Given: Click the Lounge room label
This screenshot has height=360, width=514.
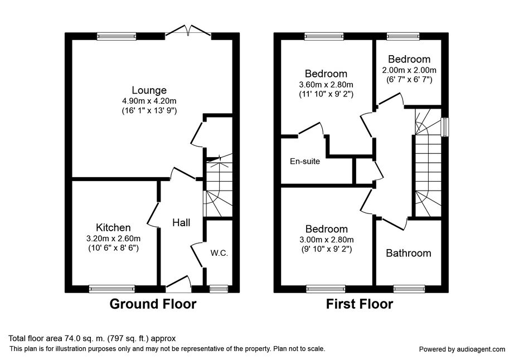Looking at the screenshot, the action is click(x=149, y=90).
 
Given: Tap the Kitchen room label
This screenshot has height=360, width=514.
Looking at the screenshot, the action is click(x=113, y=227).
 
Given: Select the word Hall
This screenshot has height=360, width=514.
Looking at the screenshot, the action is click(x=181, y=223).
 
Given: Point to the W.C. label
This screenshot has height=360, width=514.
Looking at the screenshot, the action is click(x=219, y=253).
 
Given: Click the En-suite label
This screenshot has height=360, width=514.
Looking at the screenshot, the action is click(x=305, y=161).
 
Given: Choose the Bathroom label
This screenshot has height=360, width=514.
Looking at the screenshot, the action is click(x=409, y=253).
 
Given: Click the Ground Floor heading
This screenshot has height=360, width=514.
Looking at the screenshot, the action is click(x=153, y=304).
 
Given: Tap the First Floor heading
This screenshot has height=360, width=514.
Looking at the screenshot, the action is click(x=359, y=304).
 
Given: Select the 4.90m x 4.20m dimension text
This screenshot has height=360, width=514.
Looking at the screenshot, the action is click(x=149, y=101).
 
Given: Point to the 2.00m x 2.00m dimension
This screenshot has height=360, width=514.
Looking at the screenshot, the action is click(x=409, y=70).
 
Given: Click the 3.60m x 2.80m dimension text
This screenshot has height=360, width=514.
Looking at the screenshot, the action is click(x=326, y=85).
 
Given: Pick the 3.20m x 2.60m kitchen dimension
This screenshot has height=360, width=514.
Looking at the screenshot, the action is click(x=113, y=238).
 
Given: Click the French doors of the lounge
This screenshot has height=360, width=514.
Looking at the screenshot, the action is click(x=188, y=30).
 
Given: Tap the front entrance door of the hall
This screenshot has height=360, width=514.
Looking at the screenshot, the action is click(x=178, y=284).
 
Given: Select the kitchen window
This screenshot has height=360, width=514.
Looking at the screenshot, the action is click(x=112, y=289).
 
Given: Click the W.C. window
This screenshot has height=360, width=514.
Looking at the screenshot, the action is click(x=219, y=289).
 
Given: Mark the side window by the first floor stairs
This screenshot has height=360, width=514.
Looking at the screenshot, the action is click(x=445, y=127).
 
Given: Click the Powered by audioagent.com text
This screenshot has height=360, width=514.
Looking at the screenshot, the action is click(x=462, y=349).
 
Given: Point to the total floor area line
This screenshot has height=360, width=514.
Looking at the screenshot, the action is click(x=92, y=338).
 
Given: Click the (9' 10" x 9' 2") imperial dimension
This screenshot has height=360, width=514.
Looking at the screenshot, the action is click(x=327, y=249).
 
